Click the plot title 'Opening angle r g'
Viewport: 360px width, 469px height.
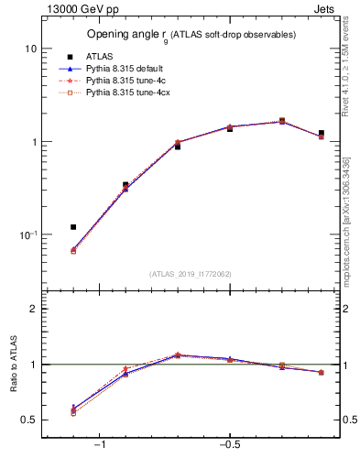pyautogui.click(x=191, y=35)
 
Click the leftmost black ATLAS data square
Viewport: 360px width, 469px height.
pyautogui.click(x=73, y=226)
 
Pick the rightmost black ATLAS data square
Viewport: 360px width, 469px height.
pyautogui.click(x=321, y=133)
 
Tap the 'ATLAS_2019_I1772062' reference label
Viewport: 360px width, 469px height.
pyautogui.click(x=191, y=273)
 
